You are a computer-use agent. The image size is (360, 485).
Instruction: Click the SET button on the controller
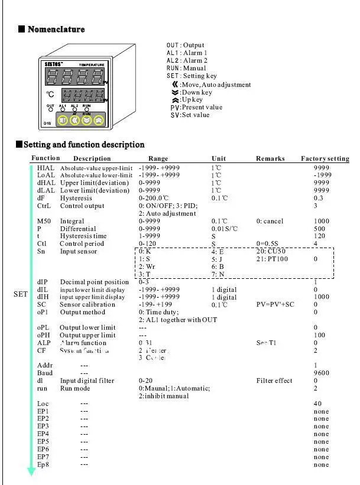point(62,120)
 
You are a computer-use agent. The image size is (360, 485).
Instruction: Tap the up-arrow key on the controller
point(99,120)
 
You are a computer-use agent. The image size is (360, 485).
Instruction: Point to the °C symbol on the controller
point(52,94)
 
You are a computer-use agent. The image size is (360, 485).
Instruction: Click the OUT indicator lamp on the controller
point(50,109)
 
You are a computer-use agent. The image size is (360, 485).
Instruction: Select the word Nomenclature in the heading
point(56,30)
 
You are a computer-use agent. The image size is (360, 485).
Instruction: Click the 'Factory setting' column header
point(325,158)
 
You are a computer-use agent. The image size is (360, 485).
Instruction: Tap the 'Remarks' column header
point(270,158)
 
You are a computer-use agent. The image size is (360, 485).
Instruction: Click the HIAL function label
point(46,168)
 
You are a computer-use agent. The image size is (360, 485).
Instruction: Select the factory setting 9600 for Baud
point(321,373)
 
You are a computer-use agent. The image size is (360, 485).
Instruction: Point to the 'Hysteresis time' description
point(83,236)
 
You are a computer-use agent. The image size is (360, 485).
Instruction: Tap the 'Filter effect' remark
point(274,381)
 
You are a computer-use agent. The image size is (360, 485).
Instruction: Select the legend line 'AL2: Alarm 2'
point(187,60)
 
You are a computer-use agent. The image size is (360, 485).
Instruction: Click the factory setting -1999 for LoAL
point(322,175)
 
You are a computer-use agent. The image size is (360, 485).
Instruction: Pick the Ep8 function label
point(43,465)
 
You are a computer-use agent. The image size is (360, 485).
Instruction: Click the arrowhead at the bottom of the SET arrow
point(32,471)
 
